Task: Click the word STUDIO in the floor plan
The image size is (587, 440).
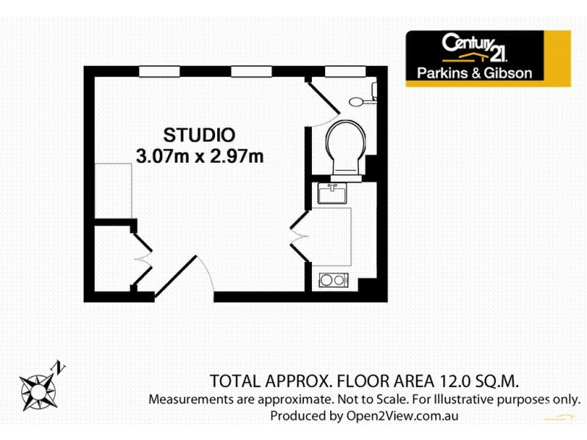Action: (199, 135)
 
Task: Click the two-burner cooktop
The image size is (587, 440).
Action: (334, 279)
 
